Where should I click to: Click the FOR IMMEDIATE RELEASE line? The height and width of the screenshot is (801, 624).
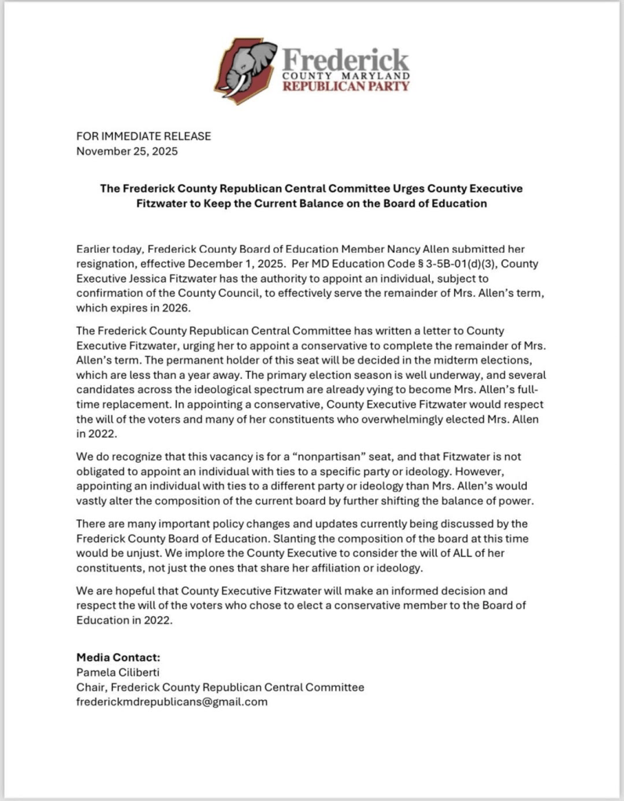[x=143, y=136]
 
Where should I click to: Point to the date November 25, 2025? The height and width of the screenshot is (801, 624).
[x=127, y=151]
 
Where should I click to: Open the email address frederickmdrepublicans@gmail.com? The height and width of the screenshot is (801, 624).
[x=171, y=702]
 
